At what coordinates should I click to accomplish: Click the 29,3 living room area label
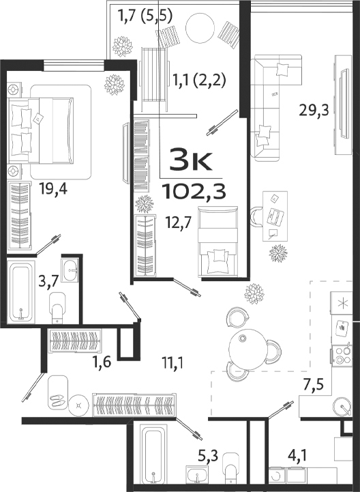click(314, 108)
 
